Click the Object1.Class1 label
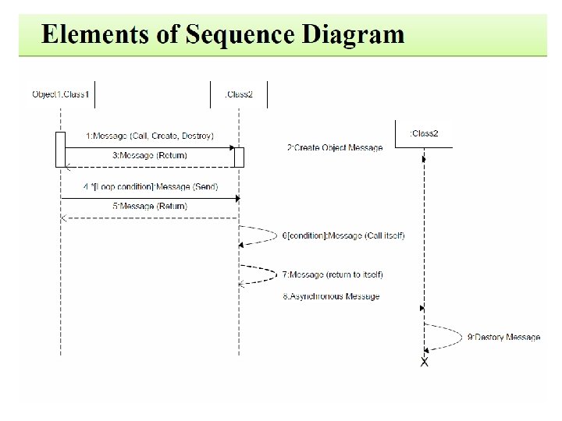click(x=61, y=95)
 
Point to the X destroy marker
click(x=425, y=363)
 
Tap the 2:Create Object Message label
click(x=335, y=148)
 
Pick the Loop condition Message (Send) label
click(x=151, y=187)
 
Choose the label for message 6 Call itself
click(x=343, y=235)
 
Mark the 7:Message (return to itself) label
click(x=333, y=274)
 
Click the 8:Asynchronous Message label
click(x=331, y=296)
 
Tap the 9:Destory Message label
click(x=503, y=338)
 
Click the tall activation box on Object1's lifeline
click(x=60, y=149)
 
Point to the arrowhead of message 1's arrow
click(x=232, y=147)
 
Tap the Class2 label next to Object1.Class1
click(x=239, y=95)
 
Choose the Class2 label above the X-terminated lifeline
click(x=424, y=133)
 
